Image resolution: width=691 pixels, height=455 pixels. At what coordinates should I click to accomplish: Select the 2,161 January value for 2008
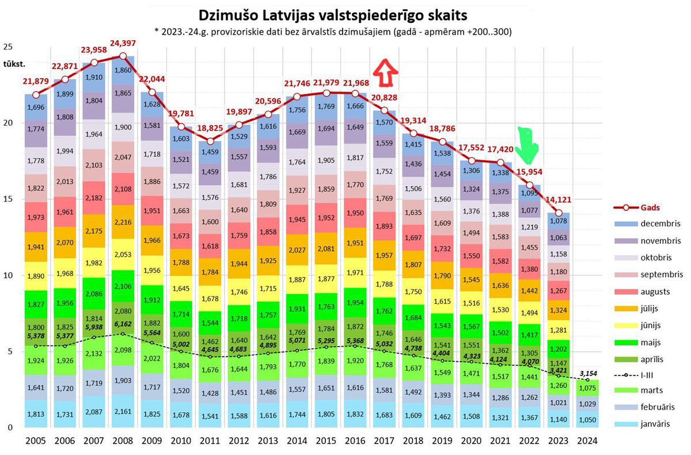(x=122, y=414)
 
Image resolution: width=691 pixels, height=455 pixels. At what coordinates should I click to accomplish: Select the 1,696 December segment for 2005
(x=36, y=107)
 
